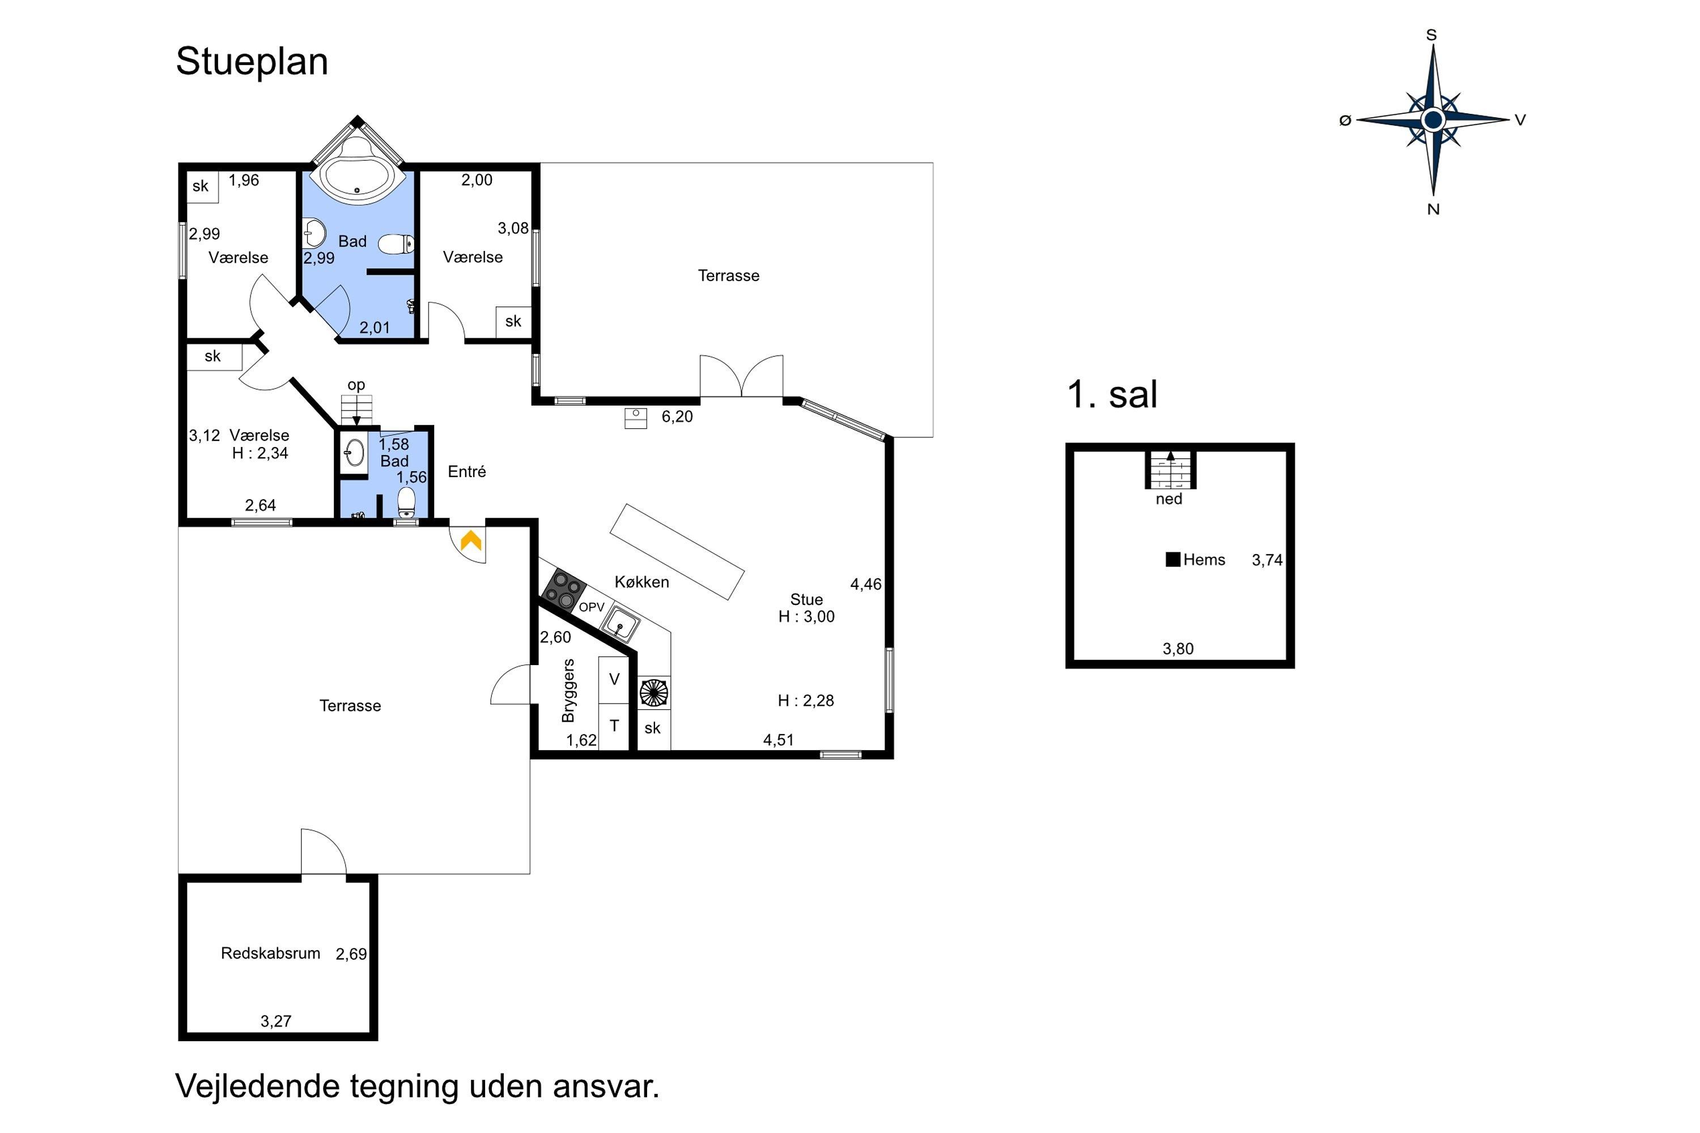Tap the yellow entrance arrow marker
point(471,540)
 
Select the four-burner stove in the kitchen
point(564,590)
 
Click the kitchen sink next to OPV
point(620,624)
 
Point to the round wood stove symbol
point(654,693)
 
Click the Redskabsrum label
point(270,953)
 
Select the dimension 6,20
point(677,416)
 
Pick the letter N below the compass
point(1433,209)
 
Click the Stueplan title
point(252,61)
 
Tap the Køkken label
point(642,582)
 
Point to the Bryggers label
point(568,690)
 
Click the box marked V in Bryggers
point(614,680)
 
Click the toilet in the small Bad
point(407,502)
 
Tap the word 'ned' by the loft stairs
point(1168,499)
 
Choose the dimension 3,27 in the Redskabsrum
point(276,1021)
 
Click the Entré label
point(467,471)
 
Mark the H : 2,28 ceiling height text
point(806,700)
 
